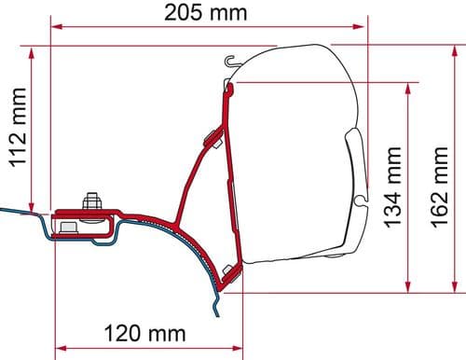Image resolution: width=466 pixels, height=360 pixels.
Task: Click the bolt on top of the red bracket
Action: (x=91, y=202)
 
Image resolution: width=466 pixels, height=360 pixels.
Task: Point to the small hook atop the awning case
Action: (x=226, y=62)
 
